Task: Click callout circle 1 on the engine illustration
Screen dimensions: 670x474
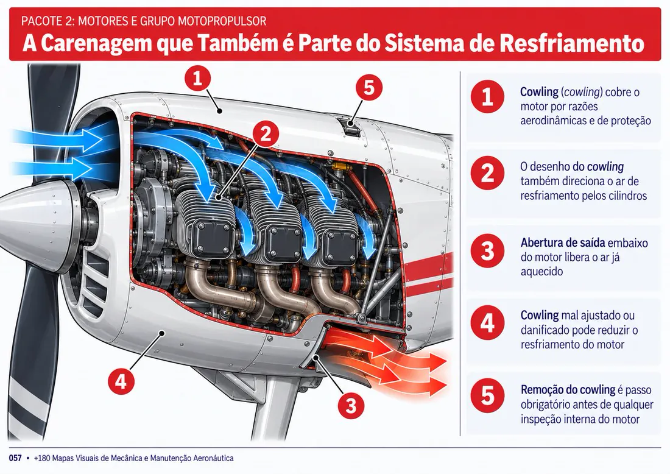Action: pyautogui.click(x=197, y=78)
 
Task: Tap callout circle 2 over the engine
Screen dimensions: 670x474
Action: pyautogui.click(x=266, y=134)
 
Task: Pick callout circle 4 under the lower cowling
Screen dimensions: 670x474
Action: pyautogui.click(x=121, y=381)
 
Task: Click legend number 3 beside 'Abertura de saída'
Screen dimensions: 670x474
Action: pyautogui.click(x=487, y=251)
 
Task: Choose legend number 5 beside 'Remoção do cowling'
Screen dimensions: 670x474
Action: pyautogui.click(x=487, y=395)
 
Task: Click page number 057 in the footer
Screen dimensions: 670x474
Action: pyautogui.click(x=15, y=458)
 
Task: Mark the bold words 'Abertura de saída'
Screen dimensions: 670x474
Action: pyautogui.click(x=563, y=242)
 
